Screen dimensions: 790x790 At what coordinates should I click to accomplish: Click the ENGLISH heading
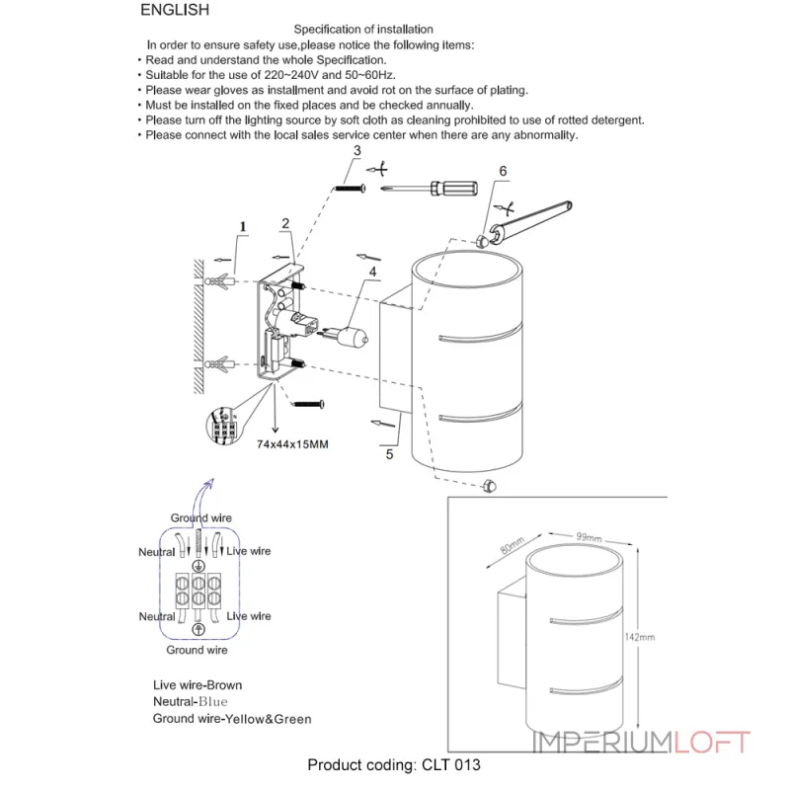click(x=175, y=11)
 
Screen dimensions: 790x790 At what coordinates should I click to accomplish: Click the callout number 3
click(x=356, y=150)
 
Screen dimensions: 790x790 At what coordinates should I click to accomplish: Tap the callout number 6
click(x=503, y=171)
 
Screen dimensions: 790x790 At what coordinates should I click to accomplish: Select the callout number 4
click(x=372, y=271)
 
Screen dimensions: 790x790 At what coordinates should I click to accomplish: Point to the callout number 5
click(x=389, y=455)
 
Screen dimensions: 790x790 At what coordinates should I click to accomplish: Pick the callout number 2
click(x=284, y=223)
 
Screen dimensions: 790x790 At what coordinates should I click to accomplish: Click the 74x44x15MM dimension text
click(x=292, y=445)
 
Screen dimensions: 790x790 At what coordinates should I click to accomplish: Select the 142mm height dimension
click(x=640, y=637)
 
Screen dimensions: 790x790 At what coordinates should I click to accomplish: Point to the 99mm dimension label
click(x=589, y=537)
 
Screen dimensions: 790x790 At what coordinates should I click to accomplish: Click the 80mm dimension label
click(x=512, y=546)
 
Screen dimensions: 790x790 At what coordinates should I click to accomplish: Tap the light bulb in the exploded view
click(x=353, y=337)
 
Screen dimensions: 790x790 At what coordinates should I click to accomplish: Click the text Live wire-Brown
click(x=197, y=684)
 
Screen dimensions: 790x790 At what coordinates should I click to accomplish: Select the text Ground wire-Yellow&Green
click(x=232, y=719)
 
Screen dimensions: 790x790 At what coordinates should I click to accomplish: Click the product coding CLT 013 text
click(x=394, y=764)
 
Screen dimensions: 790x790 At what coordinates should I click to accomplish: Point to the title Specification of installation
click(x=363, y=31)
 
